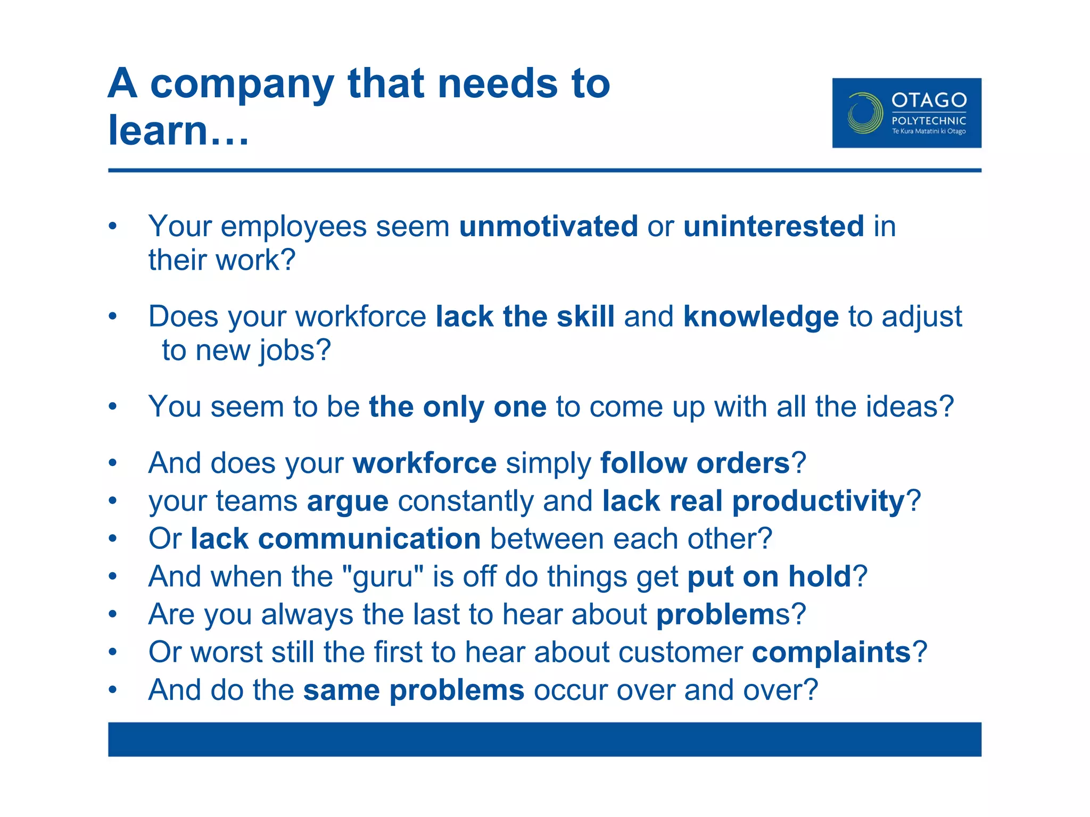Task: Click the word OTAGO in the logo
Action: (x=929, y=100)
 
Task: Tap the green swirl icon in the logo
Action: (x=865, y=113)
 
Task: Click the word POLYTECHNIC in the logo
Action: (x=929, y=121)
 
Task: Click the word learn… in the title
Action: (x=178, y=130)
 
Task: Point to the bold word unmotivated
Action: (x=548, y=226)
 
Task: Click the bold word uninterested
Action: (x=773, y=226)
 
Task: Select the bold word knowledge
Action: (x=761, y=316)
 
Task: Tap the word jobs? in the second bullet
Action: (x=295, y=351)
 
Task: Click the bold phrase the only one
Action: (x=457, y=407)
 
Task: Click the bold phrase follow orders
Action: (x=695, y=463)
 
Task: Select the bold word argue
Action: (x=348, y=502)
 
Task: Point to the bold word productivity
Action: (x=818, y=502)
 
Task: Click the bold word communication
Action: (x=369, y=539)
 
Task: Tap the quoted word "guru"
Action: (x=383, y=577)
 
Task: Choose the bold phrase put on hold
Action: (x=769, y=577)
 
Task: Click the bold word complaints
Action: (x=831, y=652)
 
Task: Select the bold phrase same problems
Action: (x=414, y=690)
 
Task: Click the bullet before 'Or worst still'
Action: (x=112, y=652)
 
